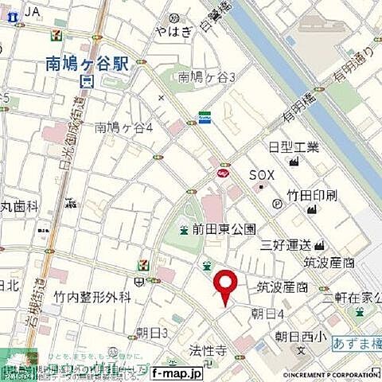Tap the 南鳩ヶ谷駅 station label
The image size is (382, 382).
click(87, 63)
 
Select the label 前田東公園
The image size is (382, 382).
click(224, 229)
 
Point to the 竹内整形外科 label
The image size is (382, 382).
click(92, 298)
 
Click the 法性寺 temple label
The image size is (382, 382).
click(209, 349)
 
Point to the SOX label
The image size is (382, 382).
click(262, 175)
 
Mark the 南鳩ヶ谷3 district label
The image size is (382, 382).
click(207, 77)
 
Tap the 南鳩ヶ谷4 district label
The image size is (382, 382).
click(123, 127)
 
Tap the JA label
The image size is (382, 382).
click(32, 11)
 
